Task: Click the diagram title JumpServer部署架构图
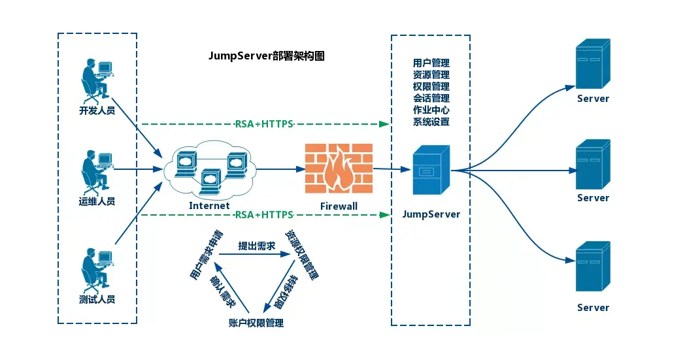(266, 56)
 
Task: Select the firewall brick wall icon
(339, 169)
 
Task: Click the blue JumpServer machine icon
(431, 171)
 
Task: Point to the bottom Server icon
(592, 267)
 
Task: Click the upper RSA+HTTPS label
(264, 123)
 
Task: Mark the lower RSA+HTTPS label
(264, 214)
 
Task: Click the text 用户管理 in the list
(431, 63)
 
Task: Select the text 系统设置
(431, 122)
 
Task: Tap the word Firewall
(339, 206)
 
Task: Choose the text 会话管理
(431, 98)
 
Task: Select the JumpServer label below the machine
(431, 214)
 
